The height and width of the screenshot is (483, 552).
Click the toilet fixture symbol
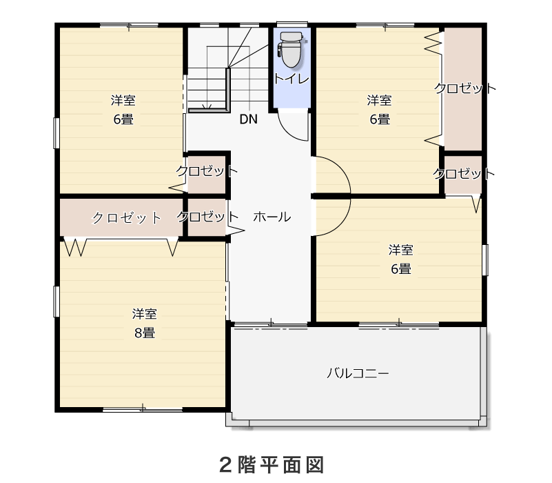coord(291,50)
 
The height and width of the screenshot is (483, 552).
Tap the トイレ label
coord(292,79)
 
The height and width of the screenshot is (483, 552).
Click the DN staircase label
coord(249,119)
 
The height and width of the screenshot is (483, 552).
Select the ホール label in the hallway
coord(272,217)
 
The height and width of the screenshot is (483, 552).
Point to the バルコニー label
coord(358,373)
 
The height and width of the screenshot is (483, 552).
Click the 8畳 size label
coord(145,333)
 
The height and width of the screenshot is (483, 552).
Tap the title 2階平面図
coord(272,464)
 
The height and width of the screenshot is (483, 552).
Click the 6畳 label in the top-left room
coord(123,119)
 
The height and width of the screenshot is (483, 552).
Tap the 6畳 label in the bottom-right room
coord(401,268)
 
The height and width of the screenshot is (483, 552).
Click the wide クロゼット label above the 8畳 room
coord(126,217)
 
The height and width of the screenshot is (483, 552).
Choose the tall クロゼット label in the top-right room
coord(464,88)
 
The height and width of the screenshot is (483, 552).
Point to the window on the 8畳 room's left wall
coord(56,302)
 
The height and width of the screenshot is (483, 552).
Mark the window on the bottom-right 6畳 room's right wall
coord(485,260)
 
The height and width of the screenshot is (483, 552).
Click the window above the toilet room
coord(292,24)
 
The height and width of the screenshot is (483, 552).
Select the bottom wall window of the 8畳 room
coord(143,409)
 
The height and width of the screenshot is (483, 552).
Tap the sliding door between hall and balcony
coord(271,324)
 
